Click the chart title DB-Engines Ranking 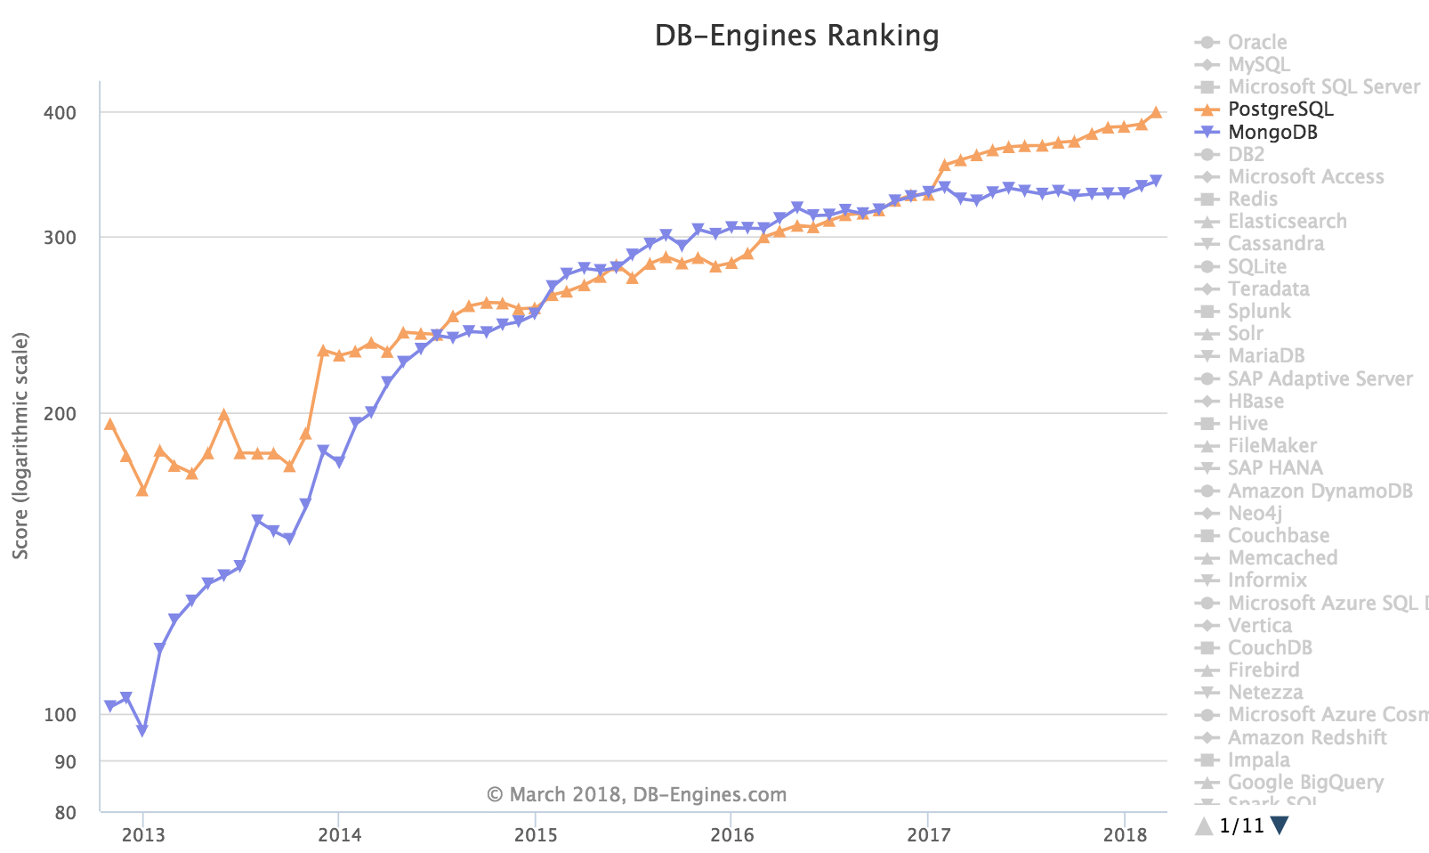click(x=796, y=36)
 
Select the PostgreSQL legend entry click(x=1280, y=110)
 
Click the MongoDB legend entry click(x=1272, y=133)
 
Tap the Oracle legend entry click(x=1256, y=42)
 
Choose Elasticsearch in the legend click(x=1287, y=222)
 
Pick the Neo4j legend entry click(x=1255, y=514)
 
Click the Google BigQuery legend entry click(x=1304, y=783)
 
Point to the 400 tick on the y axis click(x=61, y=113)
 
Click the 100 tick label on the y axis click(x=61, y=715)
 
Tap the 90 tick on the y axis click(x=66, y=762)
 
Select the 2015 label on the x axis click(x=536, y=835)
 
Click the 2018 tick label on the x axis click(x=1125, y=835)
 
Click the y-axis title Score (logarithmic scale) click(x=21, y=445)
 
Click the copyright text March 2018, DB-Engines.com click(x=636, y=794)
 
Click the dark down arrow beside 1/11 click(x=1280, y=826)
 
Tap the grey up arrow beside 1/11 click(x=1204, y=826)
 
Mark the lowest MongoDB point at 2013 click(x=142, y=730)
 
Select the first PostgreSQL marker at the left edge click(x=109, y=424)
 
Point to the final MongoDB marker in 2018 click(x=1156, y=181)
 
